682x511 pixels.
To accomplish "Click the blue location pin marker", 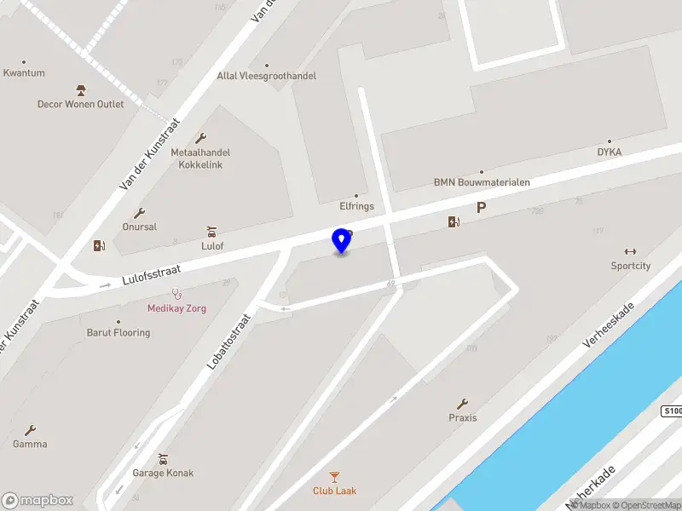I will (342, 241).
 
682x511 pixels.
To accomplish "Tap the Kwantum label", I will (24, 73).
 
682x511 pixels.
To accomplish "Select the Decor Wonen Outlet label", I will (80, 105).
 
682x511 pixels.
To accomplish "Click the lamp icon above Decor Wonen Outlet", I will (81, 90).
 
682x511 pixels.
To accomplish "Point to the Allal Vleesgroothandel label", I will (266, 76).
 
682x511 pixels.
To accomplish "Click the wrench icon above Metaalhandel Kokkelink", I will (201, 138).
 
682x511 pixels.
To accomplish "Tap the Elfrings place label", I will (356, 206).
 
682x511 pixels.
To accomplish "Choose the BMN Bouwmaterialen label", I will (482, 182).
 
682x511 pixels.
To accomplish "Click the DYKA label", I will (609, 152).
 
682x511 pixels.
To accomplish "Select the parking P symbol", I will (482, 207).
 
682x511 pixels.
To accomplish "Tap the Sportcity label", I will (630, 266).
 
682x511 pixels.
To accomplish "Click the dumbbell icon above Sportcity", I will (631, 250).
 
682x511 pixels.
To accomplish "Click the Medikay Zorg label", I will (176, 308).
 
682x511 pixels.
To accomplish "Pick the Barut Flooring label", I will (118, 333).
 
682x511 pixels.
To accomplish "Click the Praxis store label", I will (463, 418).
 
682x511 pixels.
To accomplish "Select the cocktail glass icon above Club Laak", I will (335, 476).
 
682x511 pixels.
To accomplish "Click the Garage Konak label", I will (163, 474).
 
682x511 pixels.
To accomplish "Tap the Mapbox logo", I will (38, 501).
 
